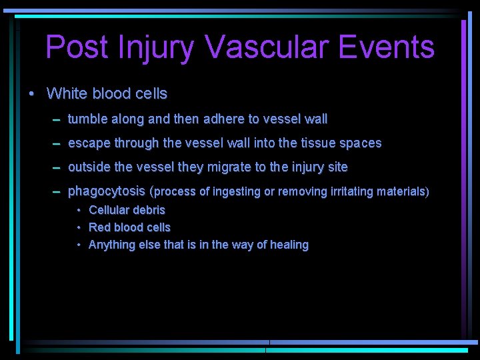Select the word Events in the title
[x=387, y=47]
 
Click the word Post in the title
[x=73, y=47]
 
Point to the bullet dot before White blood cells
[x=32, y=93]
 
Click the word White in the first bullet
[x=67, y=93]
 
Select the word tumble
[x=87, y=119]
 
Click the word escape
[x=89, y=143]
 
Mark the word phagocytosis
[x=107, y=191]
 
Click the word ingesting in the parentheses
[x=236, y=192]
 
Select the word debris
[x=147, y=210]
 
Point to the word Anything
[x=111, y=245]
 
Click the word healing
[x=289, y=245]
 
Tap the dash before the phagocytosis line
[x=57, y=191]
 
